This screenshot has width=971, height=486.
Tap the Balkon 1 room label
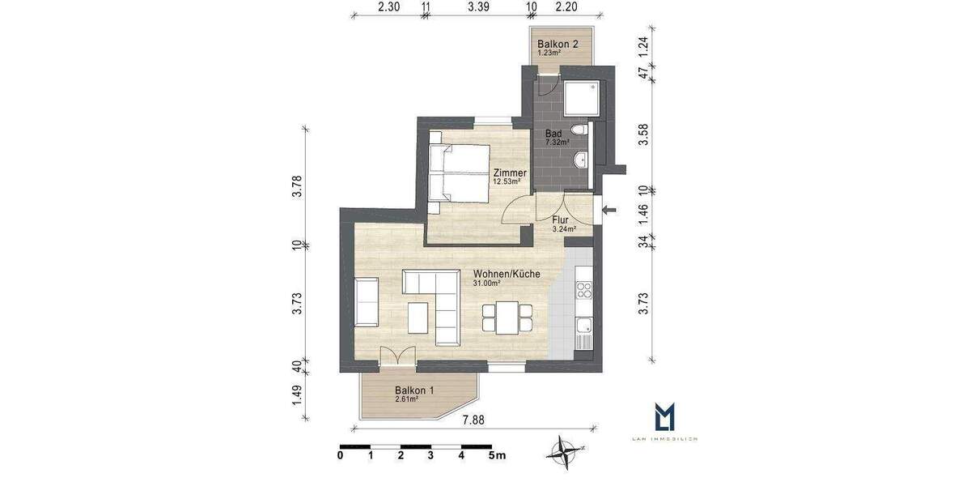(x=414, y=390)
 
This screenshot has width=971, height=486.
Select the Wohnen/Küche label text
(x=494, y=275)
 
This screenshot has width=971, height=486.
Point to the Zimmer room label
(x=510, y=173)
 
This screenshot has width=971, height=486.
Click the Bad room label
(x=553, y=133)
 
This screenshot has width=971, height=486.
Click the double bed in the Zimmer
(x=459, y=172)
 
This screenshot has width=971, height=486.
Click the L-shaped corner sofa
(x=437, y=304)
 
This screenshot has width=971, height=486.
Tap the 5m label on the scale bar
(x=495, y=456)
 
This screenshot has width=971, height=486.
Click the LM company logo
(x=664, y=418)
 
